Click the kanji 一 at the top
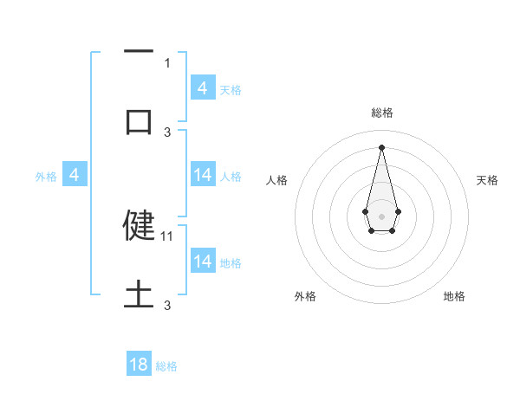[139, 53]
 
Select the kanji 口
[139, 121]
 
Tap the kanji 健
[139, 224]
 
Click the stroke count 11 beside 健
[168, 236]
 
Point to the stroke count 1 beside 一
[167, 62]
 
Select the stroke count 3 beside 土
[167, 306]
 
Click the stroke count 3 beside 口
[167, 132]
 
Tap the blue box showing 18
[139, 365]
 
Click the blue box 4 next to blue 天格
[203, 87]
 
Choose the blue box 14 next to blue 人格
[203, 174]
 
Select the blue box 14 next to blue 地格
[203, 261]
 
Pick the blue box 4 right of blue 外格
[75, 175]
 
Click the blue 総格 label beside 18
[166, 366]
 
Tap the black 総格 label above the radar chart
[381, 113]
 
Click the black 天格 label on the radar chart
[487, 180]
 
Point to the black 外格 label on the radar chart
[305, 296]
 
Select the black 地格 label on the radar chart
[454, 296]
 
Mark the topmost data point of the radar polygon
[381, 146]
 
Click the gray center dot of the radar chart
[381, 216]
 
